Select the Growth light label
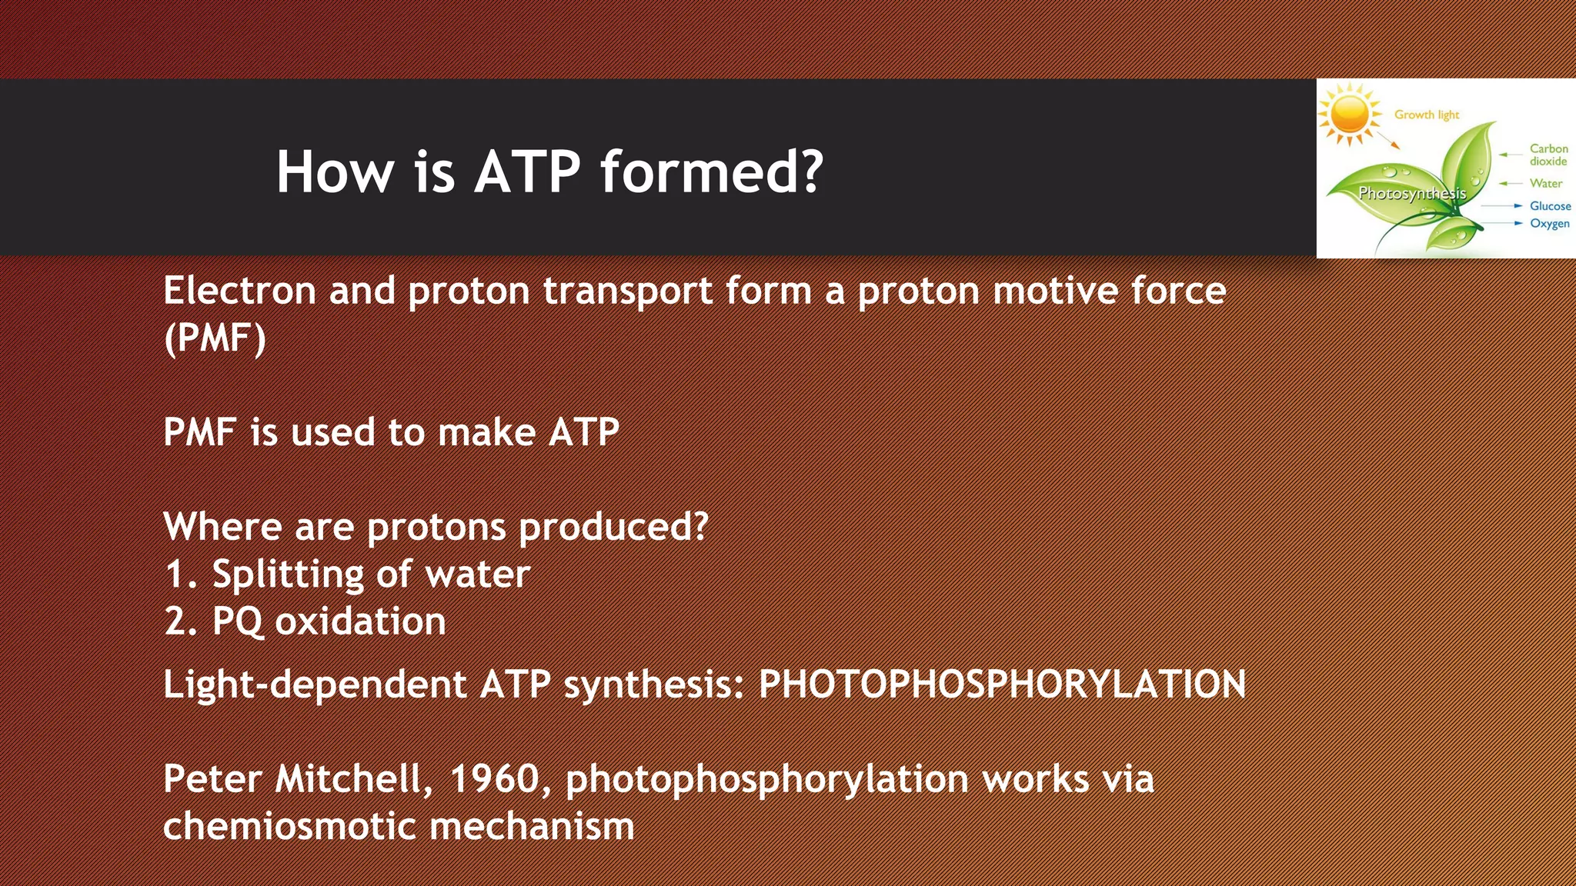point(1427,115)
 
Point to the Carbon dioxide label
point(1548,155)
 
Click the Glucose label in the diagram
point(1550,206)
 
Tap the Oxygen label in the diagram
point(1549,224)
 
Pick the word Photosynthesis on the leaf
point(1412,193)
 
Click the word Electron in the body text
point(239,291)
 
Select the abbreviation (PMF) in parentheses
point(215,338)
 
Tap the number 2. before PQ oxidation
point(182,621)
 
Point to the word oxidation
point(360,621)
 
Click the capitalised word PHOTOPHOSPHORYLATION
point(1002,684)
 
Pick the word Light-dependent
point(315,684)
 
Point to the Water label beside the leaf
point(1545,184)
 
